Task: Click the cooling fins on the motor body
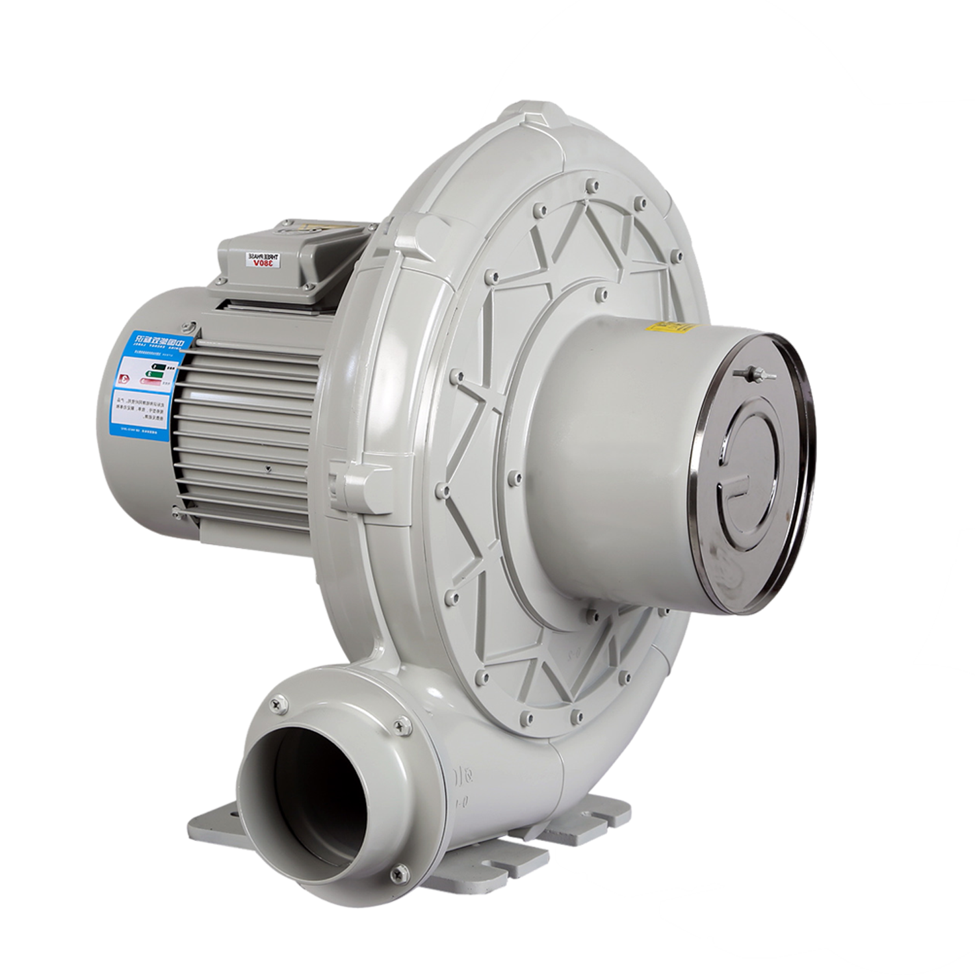click(x=247, y=422)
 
